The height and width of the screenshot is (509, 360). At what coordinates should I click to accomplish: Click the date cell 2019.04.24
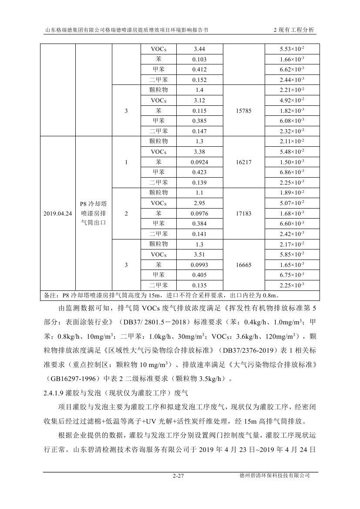pyautogui.click(x=58, y=214)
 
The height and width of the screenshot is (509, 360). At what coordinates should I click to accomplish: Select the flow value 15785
pyautogui.click(x=244, y=111)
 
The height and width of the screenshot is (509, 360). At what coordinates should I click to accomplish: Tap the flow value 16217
pyautogui.click(x=244, y=162)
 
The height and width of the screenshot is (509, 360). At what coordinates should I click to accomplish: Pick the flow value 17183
pyautogui.click(x=244, y=213)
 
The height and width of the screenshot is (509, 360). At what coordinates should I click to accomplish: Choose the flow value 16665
pyautogui.click(x=244, y=265)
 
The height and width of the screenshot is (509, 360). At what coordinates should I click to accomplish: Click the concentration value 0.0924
pyautogui.click(x=199, y=162)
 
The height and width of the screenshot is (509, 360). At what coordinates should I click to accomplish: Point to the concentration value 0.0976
pyautogui.click(x=199, y=213)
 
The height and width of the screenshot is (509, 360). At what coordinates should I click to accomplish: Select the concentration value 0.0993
pyautogui.click(x=199, y=265)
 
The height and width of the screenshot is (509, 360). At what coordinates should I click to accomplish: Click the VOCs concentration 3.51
pyautogui.click(x=199, y=255)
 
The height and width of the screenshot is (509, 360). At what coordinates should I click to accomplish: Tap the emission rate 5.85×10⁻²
pyautogui.click(x=292, y=255)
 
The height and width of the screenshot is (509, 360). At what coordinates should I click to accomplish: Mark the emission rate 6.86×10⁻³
pyautogui.click(x=292, y=172)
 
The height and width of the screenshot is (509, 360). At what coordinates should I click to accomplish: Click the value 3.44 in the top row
pyautogui.click(x=199, y=49)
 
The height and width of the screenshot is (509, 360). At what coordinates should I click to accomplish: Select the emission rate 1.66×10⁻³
pyautogui.click(x=292, y=60)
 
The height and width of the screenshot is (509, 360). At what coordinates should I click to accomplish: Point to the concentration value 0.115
pyautogui.click(x=199, y=111)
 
